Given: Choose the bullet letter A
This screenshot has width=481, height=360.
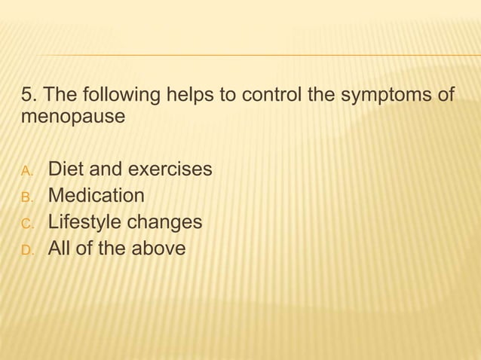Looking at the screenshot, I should pyautogui.click(x=27, y=170).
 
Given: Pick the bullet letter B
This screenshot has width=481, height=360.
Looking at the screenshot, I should pyautogui.click(x=27, y=197).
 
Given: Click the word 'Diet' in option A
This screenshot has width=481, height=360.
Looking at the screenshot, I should pyautogui.click(x=65, y=169).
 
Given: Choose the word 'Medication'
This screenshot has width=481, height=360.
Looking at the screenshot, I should pyautogui.click(x=97, y=196).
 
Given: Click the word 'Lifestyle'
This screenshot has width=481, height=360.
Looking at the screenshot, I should pyautogui.click(x=84, y=222).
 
